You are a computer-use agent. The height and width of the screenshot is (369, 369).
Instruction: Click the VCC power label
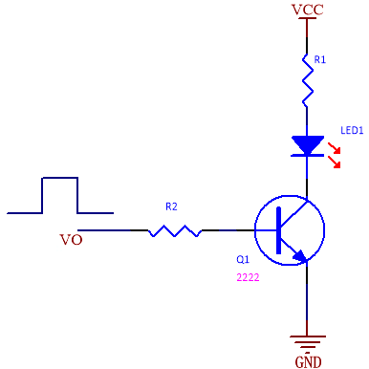click(x=308, y=10)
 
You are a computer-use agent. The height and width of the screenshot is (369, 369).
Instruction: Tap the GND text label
click(x=308, y=362)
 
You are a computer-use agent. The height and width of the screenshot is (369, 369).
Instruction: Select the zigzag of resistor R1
click(x=307, y=80)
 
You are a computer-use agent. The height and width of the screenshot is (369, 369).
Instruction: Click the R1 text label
click(x=320, y=59)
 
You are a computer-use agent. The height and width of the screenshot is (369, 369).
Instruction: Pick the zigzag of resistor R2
click(x=175, y=230)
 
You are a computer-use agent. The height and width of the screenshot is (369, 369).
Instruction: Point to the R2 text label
click(x=171, y=206)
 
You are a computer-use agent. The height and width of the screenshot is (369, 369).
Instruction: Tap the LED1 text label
click(x=352, y=130)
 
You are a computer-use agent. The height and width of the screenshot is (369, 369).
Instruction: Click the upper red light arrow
click(x=335, y=148)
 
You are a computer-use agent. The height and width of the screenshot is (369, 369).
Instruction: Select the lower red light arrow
click(x=335, y=162)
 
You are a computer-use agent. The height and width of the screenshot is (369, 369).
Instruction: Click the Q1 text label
click(x=243, y=259)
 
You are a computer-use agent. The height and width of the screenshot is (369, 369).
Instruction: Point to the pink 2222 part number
click(x=248, y=277)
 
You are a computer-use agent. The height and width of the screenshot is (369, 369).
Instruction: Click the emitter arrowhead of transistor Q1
click(x=301, y=256)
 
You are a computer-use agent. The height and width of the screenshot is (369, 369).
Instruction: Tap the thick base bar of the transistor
click(x=279, y=230)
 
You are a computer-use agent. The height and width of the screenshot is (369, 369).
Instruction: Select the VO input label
click(x=71, y=240)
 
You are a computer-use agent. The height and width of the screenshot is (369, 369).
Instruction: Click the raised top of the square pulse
click(x=60, y=178)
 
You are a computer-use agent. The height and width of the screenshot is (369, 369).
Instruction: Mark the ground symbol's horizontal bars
click(x=308, y=343)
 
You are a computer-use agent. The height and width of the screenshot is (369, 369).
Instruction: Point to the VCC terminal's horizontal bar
click(x=307, y=18)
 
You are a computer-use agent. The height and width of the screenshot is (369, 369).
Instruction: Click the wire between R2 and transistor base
click(x=228, y=230)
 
